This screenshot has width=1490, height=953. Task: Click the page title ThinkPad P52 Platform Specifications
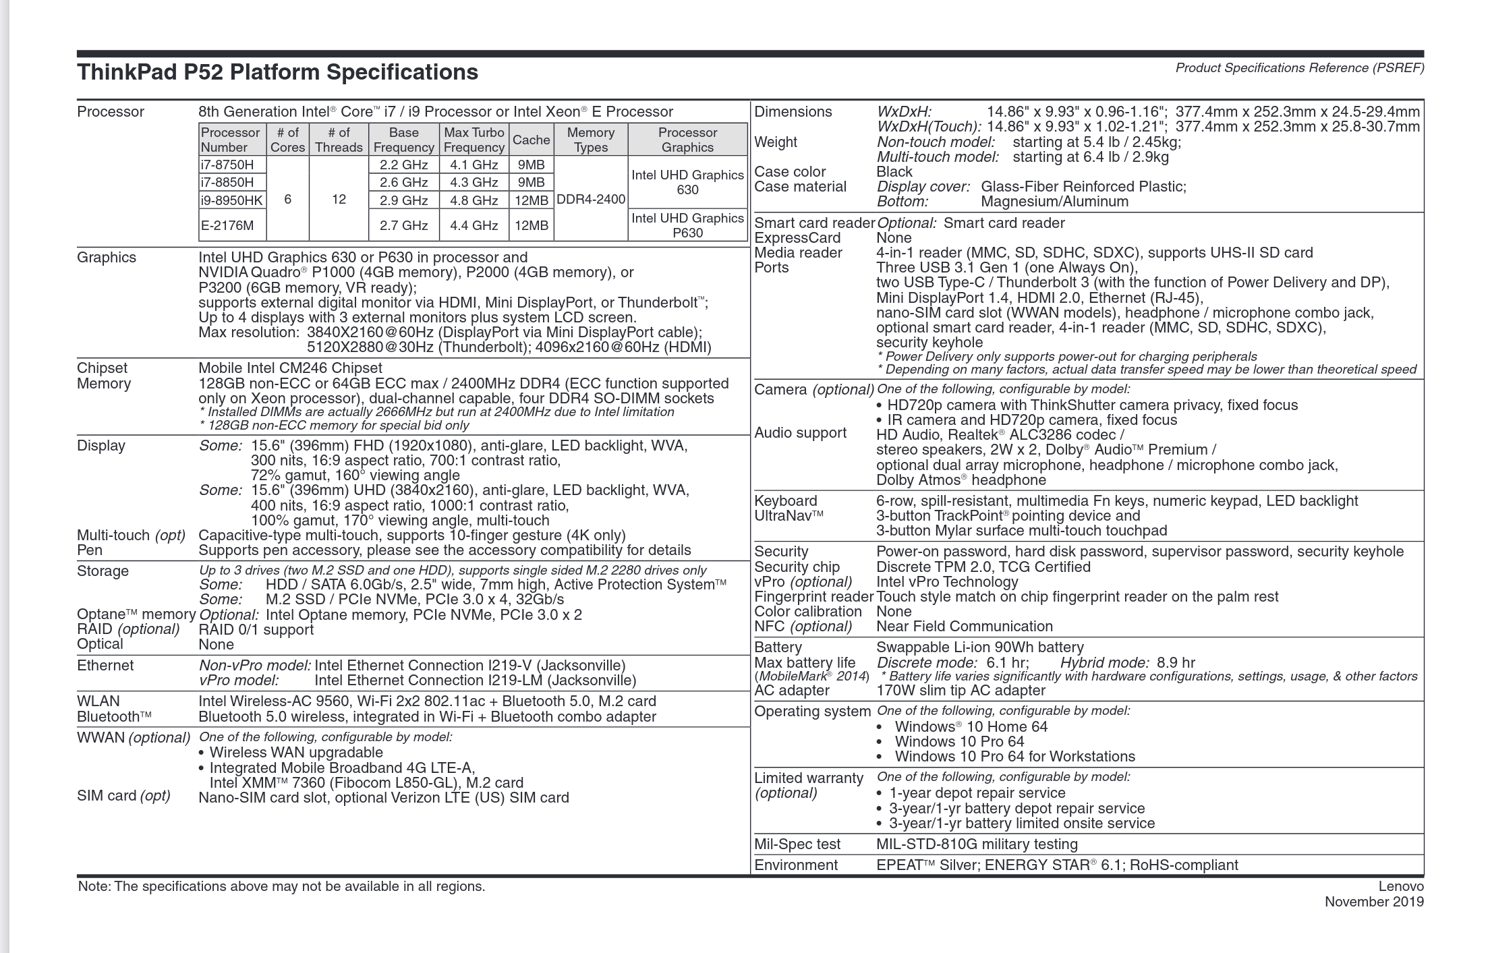277,72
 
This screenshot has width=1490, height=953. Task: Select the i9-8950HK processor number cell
231,200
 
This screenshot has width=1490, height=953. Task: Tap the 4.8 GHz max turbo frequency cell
474,200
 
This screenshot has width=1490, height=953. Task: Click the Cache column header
531,140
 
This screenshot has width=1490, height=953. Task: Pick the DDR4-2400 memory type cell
591,200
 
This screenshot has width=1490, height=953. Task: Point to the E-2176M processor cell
227,225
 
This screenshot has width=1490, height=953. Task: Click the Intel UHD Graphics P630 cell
687,225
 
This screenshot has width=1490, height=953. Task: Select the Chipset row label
102,368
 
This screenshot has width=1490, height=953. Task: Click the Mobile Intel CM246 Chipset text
290,368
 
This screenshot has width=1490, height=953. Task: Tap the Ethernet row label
105,666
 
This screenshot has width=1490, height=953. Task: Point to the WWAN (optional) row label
134,737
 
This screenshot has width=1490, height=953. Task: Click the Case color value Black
894,172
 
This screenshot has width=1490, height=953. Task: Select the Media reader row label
798,253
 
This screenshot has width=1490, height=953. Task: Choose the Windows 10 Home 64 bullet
971,727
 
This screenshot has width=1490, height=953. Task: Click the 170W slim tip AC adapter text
961,691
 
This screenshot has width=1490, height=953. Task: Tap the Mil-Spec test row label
797,844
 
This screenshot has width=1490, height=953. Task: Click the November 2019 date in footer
1374,902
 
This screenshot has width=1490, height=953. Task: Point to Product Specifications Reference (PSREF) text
1300,68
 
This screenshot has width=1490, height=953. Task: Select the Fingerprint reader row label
813,597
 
